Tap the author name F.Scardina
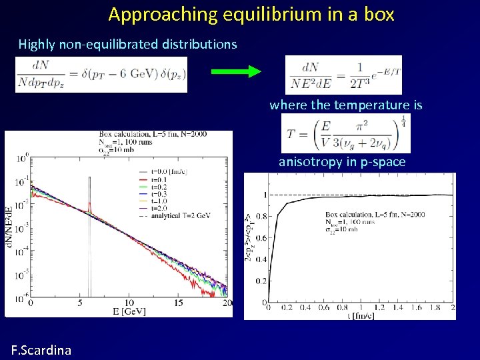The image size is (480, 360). pos(41,349)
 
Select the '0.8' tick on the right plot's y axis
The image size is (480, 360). pos(260,216)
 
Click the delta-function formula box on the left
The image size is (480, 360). pos(101,75)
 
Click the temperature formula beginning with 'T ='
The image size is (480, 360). pos(346,133)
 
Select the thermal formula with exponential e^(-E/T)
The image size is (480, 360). pos(343,75)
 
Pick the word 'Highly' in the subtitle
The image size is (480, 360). pos(37,45)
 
